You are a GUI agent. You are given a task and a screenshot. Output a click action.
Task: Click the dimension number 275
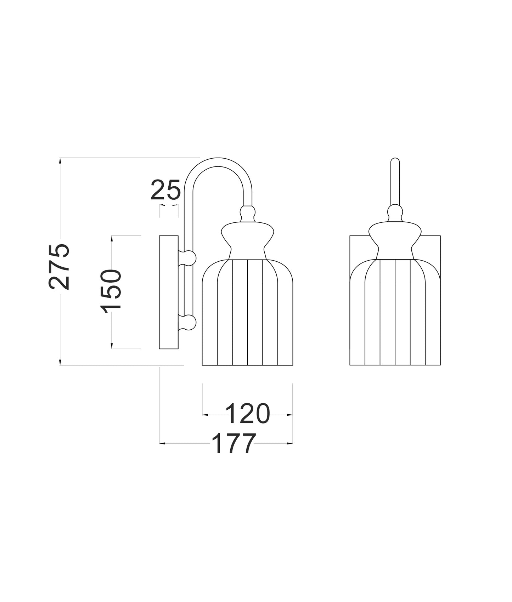pos(58,266)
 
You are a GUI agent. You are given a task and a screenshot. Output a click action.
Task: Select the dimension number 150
pos(111,291)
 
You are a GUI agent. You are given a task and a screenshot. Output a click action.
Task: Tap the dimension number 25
pos(165,190)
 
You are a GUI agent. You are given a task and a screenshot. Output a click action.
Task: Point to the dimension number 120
pos(248,414)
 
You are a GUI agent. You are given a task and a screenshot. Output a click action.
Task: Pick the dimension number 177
pos(234,443)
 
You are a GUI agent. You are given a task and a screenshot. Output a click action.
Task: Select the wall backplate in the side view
pos(169,292)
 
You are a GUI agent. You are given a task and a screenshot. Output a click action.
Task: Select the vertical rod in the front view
pos(395,182)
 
